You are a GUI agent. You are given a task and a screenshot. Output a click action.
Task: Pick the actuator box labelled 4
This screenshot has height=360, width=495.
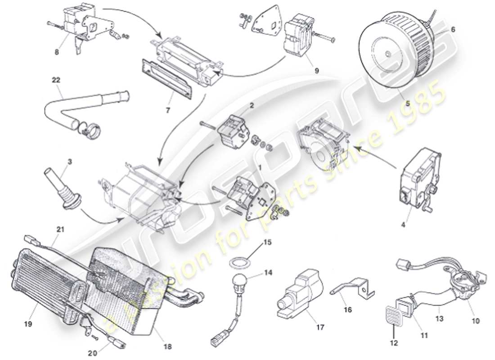pos(416,184)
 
